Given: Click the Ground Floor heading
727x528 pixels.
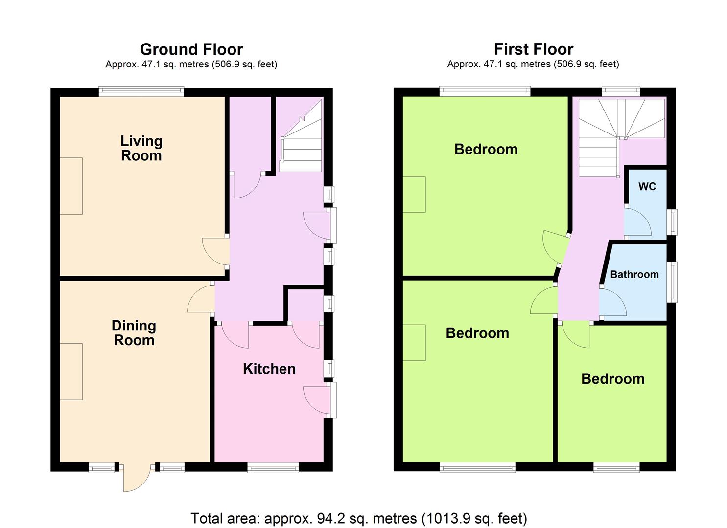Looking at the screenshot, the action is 191,49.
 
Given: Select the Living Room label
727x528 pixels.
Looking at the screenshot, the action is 141,148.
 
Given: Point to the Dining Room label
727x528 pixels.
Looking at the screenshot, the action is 134,333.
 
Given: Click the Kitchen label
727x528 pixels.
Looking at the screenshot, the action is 269,369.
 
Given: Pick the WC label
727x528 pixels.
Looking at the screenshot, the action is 647,186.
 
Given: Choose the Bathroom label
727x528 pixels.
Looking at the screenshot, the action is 634,275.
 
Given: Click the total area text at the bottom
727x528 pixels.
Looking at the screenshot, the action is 359,518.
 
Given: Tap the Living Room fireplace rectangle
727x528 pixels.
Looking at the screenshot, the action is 71,186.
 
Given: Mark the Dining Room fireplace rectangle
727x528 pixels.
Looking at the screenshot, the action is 71,372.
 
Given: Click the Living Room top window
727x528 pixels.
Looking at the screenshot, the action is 141,91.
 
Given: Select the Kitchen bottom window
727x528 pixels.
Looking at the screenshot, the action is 273,467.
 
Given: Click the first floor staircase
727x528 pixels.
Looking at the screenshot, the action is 621,137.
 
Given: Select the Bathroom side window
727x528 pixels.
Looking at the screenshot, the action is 672,282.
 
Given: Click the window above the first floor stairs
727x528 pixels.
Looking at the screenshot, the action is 621,91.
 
